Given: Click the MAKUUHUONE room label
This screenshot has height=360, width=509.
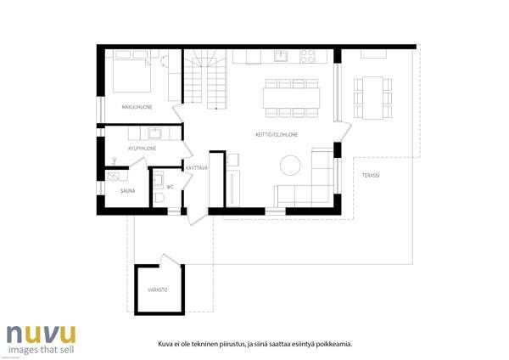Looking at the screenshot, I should coord(137,106).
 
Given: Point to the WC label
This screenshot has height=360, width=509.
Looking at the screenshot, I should coord(171,187).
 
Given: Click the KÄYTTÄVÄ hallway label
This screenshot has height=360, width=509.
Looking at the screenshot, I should coord(197,167).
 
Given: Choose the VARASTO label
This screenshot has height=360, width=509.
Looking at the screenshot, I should coord(158,290).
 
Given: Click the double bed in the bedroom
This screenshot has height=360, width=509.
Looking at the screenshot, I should coord(131,75).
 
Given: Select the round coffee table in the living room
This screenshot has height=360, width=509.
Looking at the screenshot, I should coord(291,164).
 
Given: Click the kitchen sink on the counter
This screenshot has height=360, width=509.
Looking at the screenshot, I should coord(282,57).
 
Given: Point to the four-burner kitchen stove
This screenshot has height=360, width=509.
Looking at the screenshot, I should coord(307,57).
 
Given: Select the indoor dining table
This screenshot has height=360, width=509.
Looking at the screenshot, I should coord(292,98).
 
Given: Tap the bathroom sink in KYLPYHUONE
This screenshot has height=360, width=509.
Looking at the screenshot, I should coord(154,132).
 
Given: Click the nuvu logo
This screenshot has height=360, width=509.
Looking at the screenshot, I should coord(41,333).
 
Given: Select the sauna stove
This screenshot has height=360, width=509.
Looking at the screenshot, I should coord(112,177).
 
